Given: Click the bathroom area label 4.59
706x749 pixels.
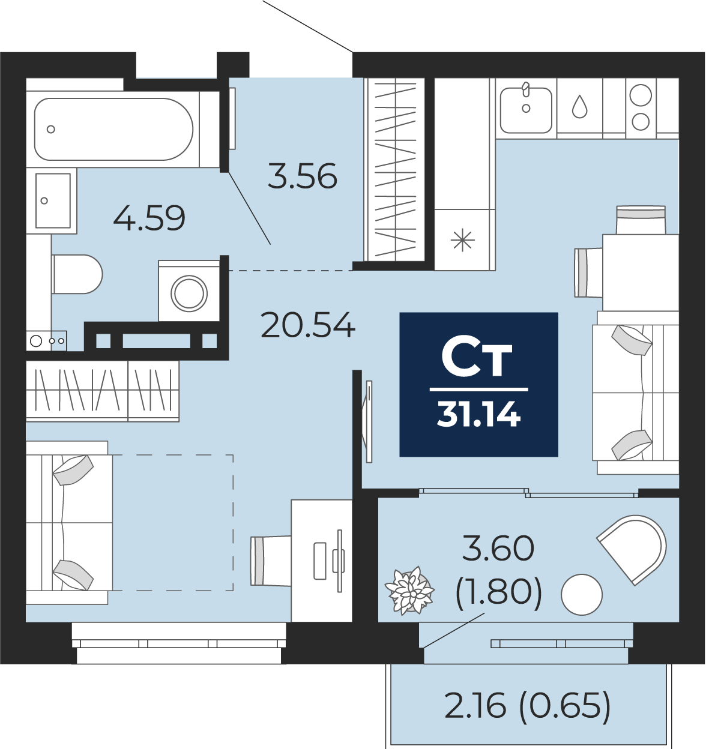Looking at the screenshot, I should point(149,218).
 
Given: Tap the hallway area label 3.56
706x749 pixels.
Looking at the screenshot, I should point(303,176).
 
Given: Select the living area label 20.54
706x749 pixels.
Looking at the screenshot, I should point(308,325).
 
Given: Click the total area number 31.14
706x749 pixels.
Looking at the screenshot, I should point(478,414).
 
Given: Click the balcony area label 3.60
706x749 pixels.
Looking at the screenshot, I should point(498,549).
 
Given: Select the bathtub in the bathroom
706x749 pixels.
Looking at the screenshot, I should point(113,130).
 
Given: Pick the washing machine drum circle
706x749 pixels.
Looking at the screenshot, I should point(189,293).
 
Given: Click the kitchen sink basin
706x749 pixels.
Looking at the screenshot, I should point(526,110).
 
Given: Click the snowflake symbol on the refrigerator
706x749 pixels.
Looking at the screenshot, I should point(463,241).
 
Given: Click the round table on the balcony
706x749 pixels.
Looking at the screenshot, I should point(581,594).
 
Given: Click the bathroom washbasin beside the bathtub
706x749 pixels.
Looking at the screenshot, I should point(53,200).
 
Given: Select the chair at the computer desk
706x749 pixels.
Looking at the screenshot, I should point(271,561).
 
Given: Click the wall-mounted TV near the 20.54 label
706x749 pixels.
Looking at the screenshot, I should point(369,421).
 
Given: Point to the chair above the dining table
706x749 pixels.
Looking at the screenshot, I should point(641,220).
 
